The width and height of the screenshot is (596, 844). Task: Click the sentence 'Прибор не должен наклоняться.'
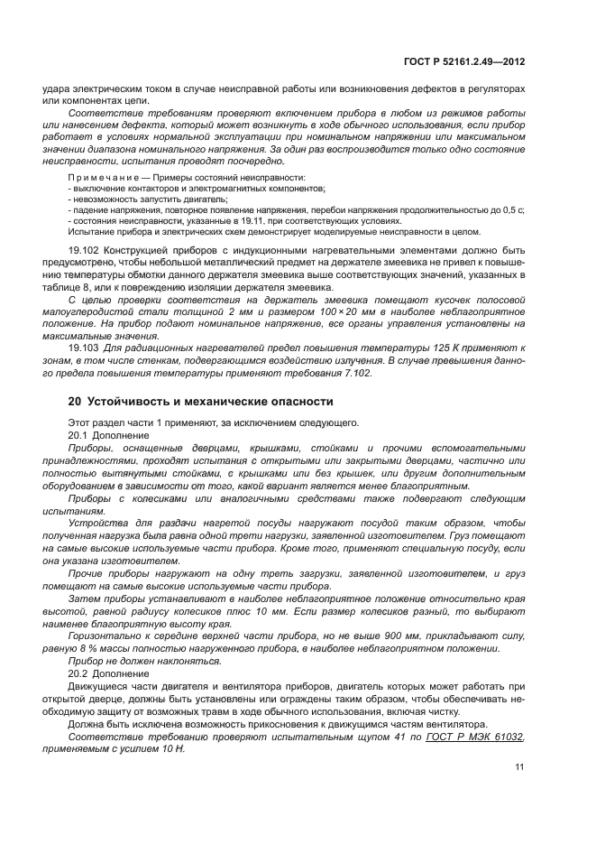pyautogui.click(x=144, y=661)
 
